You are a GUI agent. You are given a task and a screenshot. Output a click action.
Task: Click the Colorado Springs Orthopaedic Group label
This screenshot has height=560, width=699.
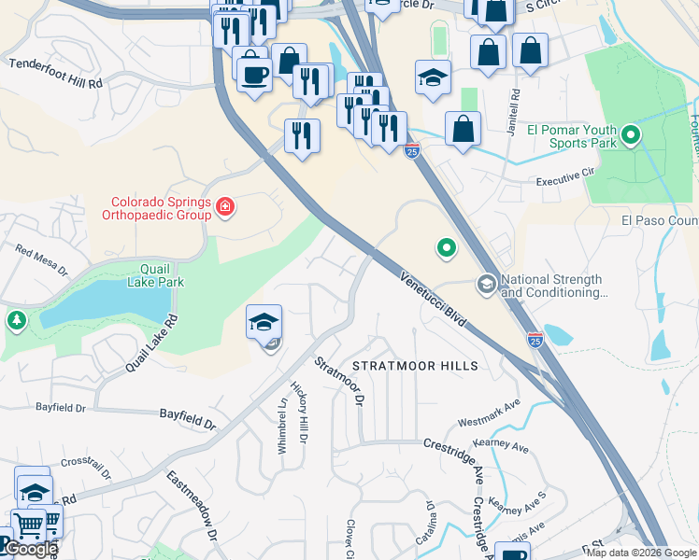pyautogui.click(x=161, y=207)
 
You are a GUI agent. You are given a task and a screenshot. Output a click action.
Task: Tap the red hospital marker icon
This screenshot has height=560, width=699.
pyautogui.click(x=224, y=207)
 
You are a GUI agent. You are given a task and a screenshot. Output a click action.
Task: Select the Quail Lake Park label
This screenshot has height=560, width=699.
pyautogui.click(x=155, y=274)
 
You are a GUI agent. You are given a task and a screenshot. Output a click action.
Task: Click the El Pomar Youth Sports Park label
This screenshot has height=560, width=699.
pyautogui.click(x=572, y=136)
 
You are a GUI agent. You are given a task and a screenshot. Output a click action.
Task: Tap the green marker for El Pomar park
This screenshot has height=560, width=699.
pyautogui.click(x=631, y=137)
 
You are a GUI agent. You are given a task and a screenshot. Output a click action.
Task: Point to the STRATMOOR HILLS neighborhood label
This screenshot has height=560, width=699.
pyautogui.click(x=416, y=366)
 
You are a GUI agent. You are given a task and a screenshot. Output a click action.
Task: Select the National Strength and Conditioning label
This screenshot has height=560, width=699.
pyautogui.click(x=554, y=286)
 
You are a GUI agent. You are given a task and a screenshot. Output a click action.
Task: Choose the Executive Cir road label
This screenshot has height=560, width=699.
pyautogui.click(x=565, y=175)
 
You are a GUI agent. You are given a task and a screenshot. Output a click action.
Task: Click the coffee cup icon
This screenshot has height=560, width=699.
pyautogui.click(x=252, y=72)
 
